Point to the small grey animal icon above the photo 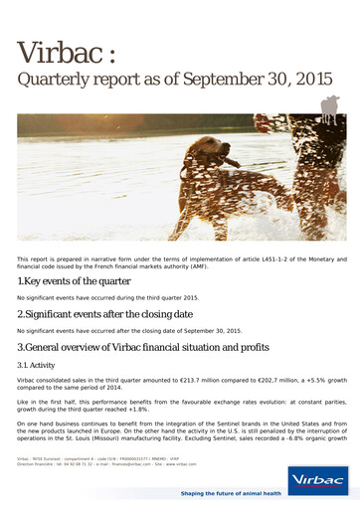tap(329, 106)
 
